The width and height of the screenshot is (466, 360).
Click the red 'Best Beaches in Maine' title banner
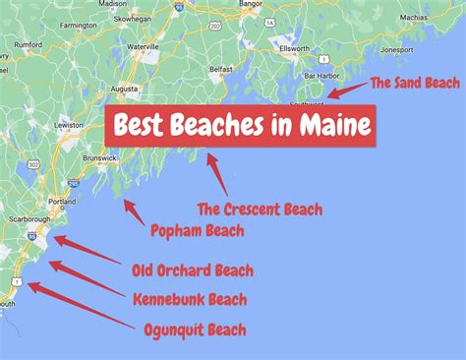[x=240, y=126]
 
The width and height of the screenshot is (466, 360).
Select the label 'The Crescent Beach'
[x=260, y=209]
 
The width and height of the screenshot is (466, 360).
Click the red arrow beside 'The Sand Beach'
[x=346, y=90]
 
